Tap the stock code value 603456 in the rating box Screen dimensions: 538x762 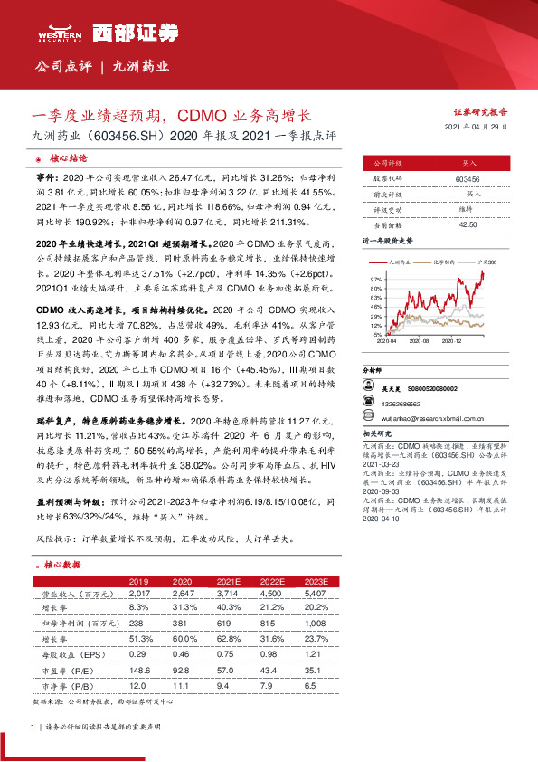[x=467, y=180]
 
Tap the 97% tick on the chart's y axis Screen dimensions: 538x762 [x=377, y=280]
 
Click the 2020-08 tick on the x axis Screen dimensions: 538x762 [x=418, y=342]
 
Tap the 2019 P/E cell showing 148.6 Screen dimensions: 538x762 [x=140, y=670]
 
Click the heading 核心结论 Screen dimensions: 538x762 [x=68, y=157]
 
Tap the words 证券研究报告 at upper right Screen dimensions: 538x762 [x=480, y=111]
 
